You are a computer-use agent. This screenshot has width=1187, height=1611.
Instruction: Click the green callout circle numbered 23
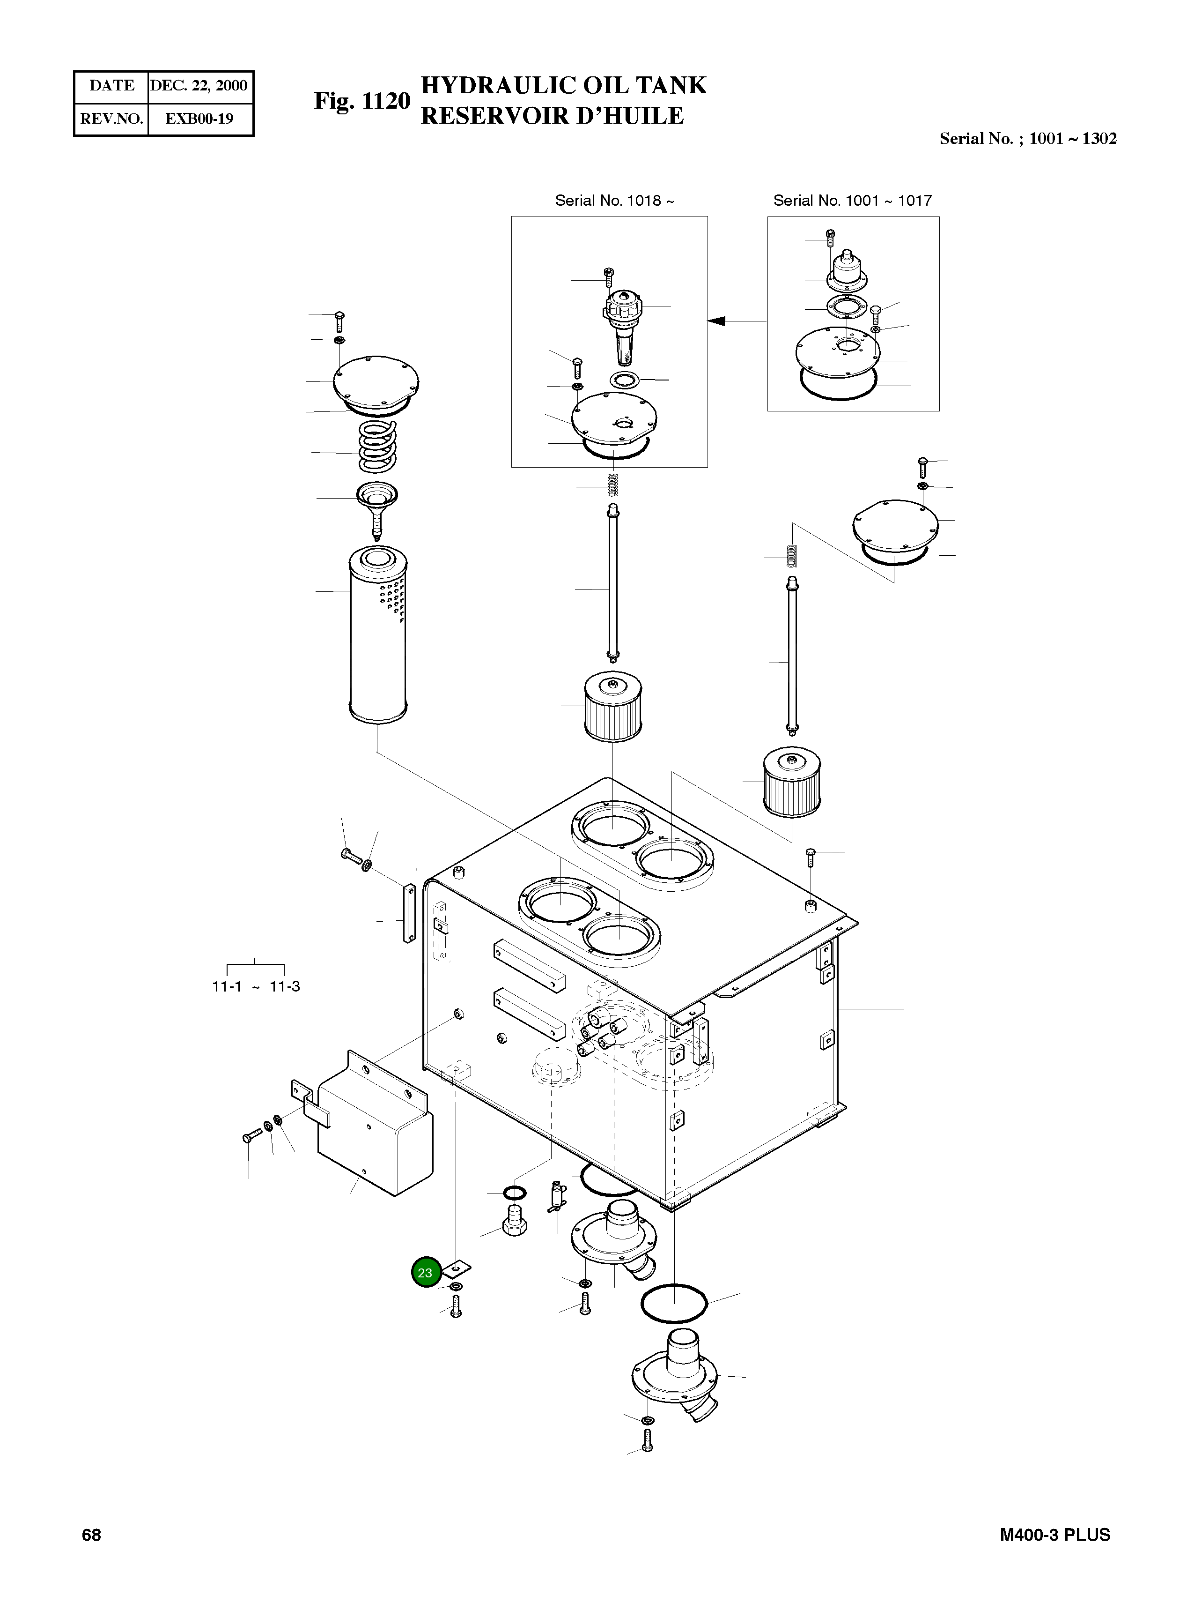(x=425, y=1272)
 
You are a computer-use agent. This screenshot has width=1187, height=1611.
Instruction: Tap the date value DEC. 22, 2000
(x=199, y=86)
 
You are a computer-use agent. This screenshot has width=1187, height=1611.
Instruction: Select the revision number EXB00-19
(x=199, y=119)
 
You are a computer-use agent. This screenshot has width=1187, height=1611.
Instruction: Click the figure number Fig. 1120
(x=361, y=101)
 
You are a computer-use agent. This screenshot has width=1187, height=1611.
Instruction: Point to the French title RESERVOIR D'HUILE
(x=552, y=116)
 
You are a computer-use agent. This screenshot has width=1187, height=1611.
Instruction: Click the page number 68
(x=91, y=1535)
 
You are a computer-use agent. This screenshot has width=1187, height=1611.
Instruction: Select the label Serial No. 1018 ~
(x=614, y=201)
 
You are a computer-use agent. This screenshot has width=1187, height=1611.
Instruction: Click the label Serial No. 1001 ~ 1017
(x=852, y=201)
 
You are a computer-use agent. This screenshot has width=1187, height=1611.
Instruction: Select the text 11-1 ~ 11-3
(x=256, y=986)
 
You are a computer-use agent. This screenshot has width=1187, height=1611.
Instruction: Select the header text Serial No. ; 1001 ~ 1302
(x=1027, y=139)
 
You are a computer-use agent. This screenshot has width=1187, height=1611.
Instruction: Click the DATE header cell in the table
(x=111, y=86)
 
